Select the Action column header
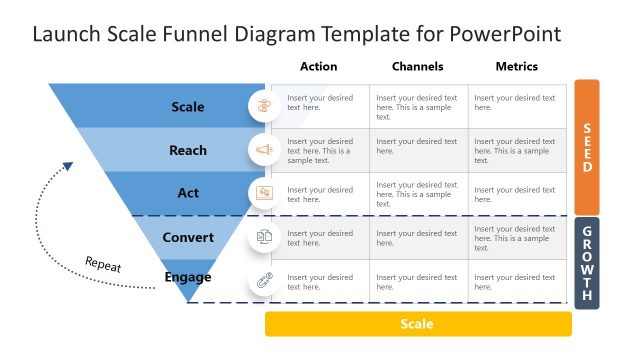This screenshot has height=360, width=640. (x=318, y=67)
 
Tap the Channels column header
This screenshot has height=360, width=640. (x=417, y=67)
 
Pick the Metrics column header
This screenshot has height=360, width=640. (x=516, y=67)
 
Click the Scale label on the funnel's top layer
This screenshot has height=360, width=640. (x=188, y=107)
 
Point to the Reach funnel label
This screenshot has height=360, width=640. (x=188, y=150)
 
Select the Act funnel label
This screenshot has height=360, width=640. (x=188, y=193)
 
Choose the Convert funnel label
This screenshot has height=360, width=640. (x=188, y=237)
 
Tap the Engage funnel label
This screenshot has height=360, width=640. (x=188, y=277)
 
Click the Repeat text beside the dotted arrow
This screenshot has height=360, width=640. (x=103, y=265)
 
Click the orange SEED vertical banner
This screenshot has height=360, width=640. (x=587, y=147)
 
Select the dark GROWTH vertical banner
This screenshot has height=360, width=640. (x=587, y=262)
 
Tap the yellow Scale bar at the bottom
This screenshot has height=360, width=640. (x=418, y=324)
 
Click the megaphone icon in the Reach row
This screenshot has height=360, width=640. (x=264, y=150)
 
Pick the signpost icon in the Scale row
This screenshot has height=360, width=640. (x=264, y=106)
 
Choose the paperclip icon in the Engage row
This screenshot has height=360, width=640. (x=264, y=280)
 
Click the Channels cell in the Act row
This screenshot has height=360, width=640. (x=418, y=193)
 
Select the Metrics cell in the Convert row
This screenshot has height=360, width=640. (x=518, y=238)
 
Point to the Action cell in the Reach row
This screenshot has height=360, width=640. (x=320, y=151)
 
